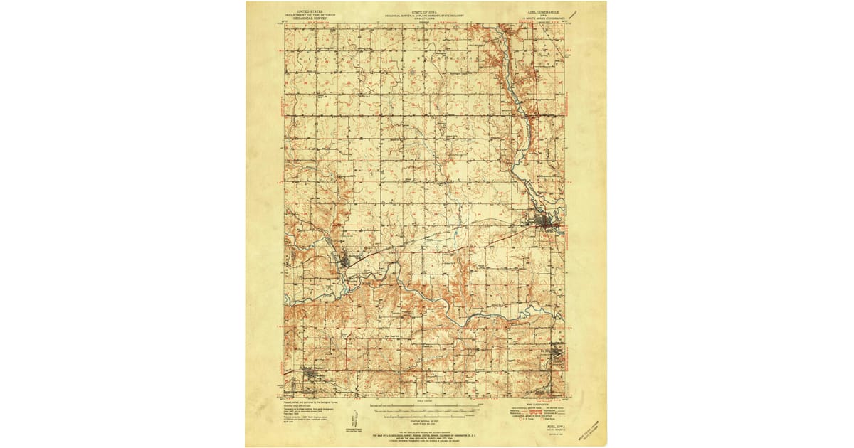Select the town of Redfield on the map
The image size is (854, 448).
[346, 261]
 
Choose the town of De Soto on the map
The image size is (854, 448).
[559, 353]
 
